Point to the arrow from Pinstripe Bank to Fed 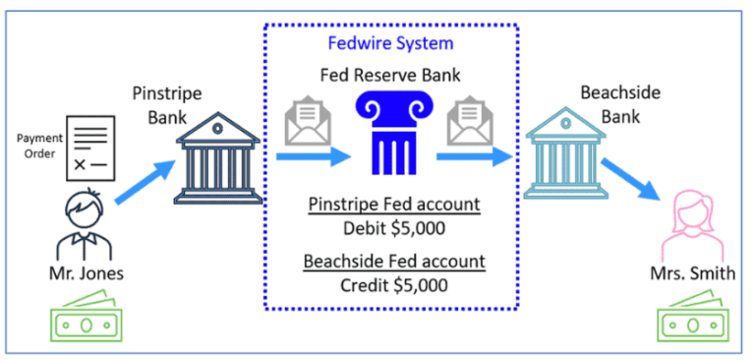point(313,154)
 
